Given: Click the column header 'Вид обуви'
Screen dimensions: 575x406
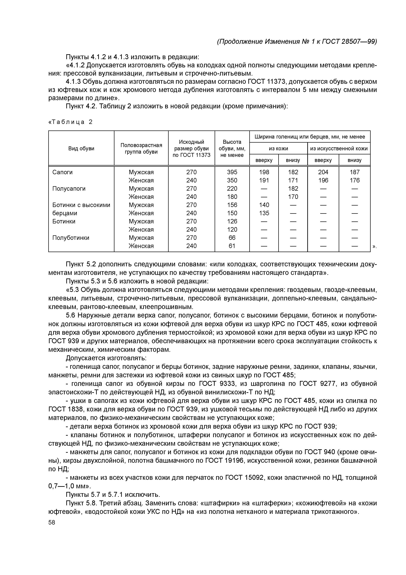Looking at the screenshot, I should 81,149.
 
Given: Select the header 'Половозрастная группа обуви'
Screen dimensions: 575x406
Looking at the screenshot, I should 141,149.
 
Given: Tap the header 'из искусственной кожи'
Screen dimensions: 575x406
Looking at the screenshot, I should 339,149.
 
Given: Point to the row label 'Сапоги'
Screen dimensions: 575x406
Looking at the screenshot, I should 63,172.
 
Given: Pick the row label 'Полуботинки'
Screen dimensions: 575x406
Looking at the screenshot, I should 71,238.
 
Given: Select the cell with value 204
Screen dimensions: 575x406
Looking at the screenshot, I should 323,172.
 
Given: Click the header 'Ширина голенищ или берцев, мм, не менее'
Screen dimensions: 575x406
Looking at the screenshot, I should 310,137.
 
